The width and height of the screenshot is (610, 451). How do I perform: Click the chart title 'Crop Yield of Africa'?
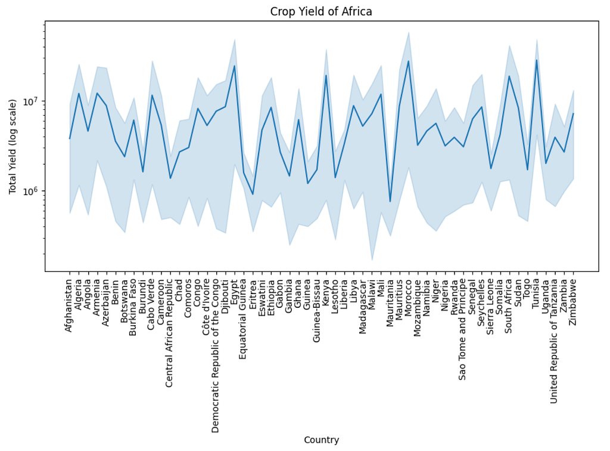(321, 12)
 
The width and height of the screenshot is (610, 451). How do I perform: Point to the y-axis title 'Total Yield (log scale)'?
(13, 146)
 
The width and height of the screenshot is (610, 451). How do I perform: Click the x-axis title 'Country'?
(321, 440)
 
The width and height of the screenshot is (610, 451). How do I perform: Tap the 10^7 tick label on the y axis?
(33, 101)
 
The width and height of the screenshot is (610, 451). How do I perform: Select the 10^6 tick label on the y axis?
(33, 191)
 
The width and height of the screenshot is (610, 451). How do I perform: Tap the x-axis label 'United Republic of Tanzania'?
(555, 341)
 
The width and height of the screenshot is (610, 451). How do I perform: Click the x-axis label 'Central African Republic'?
(169, 333)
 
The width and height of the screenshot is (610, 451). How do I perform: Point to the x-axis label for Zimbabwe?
(572, 302)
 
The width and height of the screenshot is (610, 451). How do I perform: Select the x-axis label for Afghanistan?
(69, 305)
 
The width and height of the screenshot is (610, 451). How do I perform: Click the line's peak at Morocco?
(408, 61)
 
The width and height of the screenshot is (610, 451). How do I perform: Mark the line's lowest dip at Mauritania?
(390, 202)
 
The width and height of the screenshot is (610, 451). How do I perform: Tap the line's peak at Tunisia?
(537, 60)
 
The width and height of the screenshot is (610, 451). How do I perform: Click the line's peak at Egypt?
(234, 66)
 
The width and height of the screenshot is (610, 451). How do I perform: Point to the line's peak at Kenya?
(326, 75)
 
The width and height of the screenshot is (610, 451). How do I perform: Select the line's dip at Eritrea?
(253, 194)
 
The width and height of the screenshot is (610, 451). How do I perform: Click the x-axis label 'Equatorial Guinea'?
(243, 319)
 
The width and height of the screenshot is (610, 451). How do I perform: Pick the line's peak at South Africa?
(509, 76)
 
